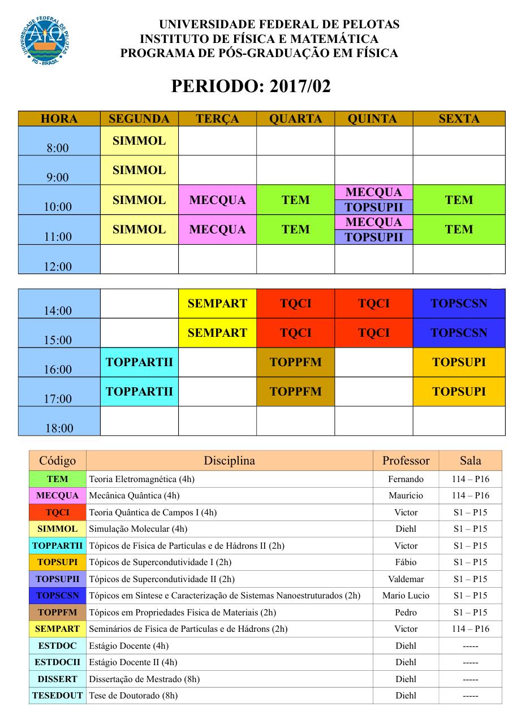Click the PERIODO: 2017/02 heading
click(x=251, y=86)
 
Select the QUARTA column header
click(x=295, y=119)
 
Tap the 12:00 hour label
click(x=59, y=266)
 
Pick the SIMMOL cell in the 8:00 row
click(x=139, y=141)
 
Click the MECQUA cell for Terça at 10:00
click(x=218, y=200)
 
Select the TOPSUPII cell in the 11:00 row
click(x=374, y=237)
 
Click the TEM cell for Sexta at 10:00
click(x=459, y=200)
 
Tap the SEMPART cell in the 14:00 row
click(x=218, y=303)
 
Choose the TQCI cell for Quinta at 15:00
click(x=374, y=333)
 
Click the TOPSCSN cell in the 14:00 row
click(x=459, y=303)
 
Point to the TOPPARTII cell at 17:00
click(x=139, y=392)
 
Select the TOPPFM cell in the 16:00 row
click(x=295, y=362)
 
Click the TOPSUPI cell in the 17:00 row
click(x=459, y=392)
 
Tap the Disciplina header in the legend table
click(x=229, y=461)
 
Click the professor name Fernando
click(x=406, y=479)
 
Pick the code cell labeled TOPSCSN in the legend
click(x=57, y=595)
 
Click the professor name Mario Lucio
click(x=406, y=595)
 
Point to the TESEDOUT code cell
click(x=57, y=696)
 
